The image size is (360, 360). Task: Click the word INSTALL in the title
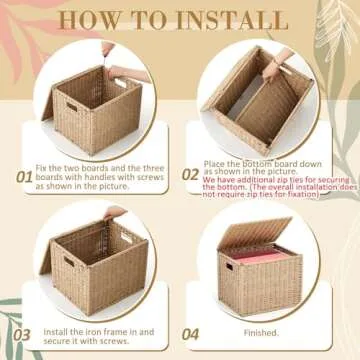point(233,19)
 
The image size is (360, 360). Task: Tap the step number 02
point(190,174)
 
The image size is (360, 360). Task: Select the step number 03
point(22,334)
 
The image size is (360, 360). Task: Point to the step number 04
point(190,334)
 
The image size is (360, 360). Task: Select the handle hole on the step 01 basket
point(72,105)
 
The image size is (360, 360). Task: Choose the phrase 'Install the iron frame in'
point(85,329)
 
